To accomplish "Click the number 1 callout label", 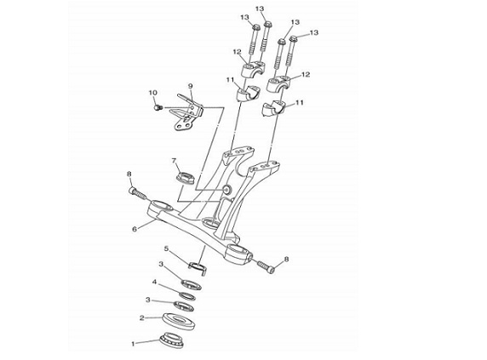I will [x=132, y=345].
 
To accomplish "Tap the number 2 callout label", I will [x=141, y=319].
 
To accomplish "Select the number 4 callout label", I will [x=154, y=283].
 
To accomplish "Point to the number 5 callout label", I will [x=167, y=249].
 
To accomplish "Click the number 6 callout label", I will [x=134, y=229].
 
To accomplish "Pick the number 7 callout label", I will [x=174, y=160].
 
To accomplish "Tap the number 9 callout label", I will [x=191, y=86].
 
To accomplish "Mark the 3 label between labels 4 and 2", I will [x=148, y=300].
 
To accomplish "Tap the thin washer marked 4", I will [x=187, y=294].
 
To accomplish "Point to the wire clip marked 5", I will [x=198, y=268].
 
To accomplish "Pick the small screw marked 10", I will [x=158, y=107].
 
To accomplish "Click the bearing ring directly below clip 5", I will [x=193, y=283].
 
